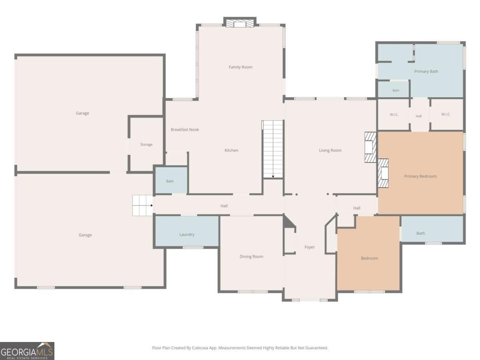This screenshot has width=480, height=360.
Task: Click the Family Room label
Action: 240,67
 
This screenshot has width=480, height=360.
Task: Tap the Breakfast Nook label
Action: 185,129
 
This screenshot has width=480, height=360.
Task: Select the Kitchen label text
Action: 231,150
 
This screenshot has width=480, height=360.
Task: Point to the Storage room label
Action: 146,144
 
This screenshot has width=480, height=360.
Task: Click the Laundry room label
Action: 187,234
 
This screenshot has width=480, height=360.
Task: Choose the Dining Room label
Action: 251,256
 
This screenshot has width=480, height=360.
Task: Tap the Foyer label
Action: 310,247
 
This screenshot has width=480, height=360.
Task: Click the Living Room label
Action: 330,150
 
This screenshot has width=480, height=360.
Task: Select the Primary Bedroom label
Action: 420,176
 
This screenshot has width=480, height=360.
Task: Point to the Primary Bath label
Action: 426,71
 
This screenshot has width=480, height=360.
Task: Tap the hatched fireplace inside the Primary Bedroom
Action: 383,173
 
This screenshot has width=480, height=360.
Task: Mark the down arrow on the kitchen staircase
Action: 273,176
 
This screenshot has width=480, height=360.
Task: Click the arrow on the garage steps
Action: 152,206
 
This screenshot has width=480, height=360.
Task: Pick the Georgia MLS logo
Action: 27,351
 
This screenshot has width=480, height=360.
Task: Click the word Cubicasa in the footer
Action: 200,348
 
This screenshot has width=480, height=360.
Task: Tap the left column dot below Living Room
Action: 296,194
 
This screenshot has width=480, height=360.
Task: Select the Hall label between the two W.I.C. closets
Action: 418,116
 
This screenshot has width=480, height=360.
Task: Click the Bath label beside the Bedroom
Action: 420,233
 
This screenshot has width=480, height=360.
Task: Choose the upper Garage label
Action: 82,113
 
